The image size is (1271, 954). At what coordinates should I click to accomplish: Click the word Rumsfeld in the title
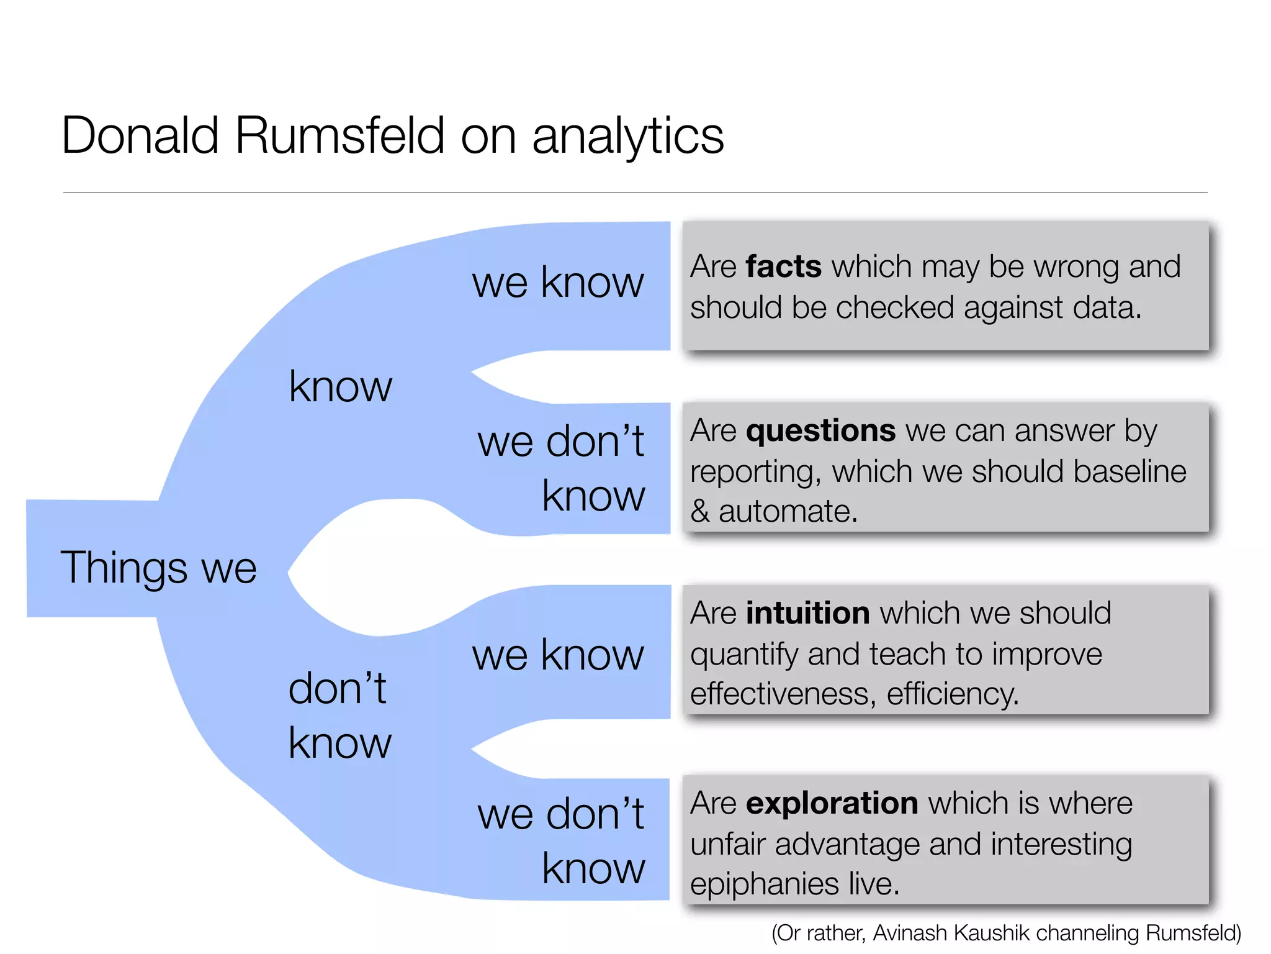[339, 135]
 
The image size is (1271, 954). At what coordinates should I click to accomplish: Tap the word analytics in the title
[627, 137]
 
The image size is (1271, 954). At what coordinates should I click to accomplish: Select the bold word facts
[783, 266]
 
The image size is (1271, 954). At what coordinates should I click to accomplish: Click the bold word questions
[820, 430]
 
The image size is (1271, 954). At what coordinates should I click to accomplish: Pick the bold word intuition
[807, 613]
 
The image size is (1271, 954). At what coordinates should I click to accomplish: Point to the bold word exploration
[832, 803]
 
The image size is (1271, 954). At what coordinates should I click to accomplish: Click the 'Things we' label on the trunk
[158, 567]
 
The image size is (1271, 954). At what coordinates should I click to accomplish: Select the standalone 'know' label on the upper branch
[340, 386]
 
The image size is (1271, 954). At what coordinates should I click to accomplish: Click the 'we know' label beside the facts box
[558, 282]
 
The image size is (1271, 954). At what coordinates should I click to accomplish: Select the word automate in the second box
[787, 511]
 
